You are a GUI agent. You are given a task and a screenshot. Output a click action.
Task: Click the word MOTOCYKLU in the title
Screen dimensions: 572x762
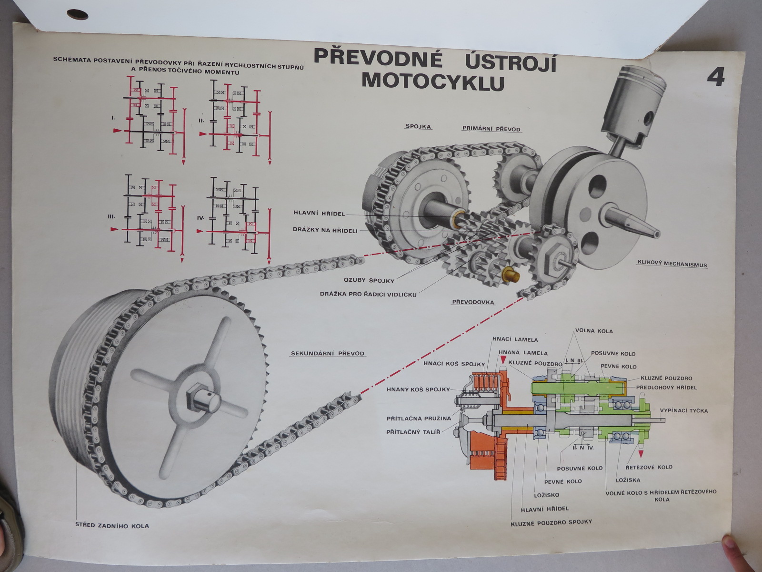coord(432,82)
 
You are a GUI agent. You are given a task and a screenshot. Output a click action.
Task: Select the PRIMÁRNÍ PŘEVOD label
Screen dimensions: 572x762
coord(491,129)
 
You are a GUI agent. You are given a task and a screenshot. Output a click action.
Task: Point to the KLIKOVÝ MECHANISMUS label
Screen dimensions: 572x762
coord(672,264)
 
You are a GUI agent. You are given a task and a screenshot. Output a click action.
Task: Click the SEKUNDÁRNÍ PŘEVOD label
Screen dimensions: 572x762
coord(327,354)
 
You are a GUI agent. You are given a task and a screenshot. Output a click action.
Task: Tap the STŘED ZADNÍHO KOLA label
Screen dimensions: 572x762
coord(112,526)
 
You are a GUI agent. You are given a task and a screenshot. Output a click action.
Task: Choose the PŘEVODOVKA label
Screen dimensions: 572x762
coord(473,302)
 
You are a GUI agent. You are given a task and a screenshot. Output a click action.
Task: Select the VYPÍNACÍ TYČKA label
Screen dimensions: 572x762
coord(683,410)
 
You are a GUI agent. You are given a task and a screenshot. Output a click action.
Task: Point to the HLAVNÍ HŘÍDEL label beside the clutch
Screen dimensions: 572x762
coord(319,214)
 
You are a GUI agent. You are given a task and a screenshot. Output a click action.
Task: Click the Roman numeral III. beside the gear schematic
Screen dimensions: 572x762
coord(111,216)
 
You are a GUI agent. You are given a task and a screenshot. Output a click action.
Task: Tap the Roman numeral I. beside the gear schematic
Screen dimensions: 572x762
coord(113,116)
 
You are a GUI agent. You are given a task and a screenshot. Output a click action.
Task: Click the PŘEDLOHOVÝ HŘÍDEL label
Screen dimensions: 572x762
coord(666,388)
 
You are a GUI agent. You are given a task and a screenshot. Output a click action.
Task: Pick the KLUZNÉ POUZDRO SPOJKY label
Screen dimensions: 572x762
coord(551,522)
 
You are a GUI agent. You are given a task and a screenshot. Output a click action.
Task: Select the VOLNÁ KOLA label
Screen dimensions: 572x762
coord(594,331)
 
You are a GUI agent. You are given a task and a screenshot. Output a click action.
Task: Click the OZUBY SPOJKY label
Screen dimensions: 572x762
coord(366,280)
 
